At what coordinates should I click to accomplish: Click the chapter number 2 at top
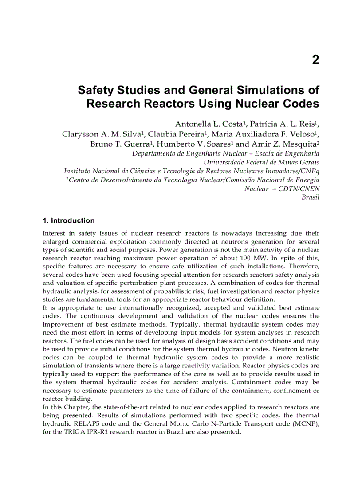315,60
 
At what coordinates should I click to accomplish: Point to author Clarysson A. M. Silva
102,134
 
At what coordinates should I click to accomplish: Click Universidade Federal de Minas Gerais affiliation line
261,162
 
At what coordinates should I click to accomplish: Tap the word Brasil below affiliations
310,197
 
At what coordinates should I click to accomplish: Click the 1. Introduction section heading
68,220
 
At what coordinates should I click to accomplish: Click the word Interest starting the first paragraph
54,233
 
